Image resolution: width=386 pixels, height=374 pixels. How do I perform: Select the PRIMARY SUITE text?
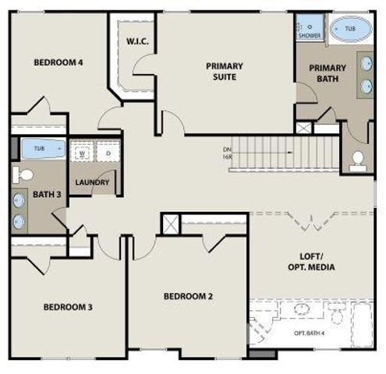tap(225, 72)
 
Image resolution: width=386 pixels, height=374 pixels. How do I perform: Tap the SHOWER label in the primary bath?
tap(310, 35)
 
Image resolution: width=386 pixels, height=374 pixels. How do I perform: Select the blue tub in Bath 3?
tap(38, 148)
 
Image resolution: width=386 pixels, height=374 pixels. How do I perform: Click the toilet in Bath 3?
tap(22, 173)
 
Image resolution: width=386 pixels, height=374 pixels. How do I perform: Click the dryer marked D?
tap(108, 153)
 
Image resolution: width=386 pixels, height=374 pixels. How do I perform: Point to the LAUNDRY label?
tap(92, 183)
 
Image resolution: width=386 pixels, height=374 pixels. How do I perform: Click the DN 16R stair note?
tap(227, 153)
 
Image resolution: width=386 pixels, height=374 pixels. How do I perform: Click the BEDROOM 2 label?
tap(189, 296)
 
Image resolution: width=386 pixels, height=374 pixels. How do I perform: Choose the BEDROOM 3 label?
tap(68, 307)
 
